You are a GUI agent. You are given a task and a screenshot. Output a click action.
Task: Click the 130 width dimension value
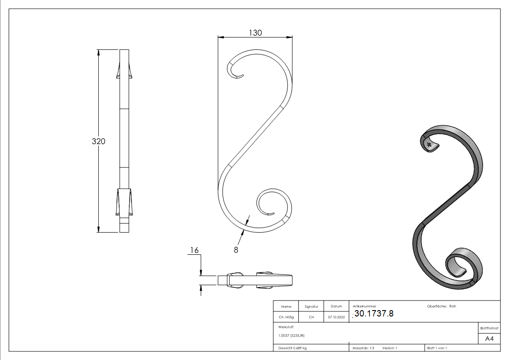255,33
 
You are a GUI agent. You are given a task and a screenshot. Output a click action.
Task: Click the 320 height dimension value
98,141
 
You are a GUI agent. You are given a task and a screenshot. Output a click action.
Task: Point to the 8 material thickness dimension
236,249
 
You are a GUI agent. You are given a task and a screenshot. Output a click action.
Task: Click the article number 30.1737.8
374,314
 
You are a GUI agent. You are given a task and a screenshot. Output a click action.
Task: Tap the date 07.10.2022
336,317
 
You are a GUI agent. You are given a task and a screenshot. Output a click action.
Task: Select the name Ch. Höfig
286,317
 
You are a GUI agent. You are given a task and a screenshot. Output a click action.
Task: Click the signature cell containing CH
311,317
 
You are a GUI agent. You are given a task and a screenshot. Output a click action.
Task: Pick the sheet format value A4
490,339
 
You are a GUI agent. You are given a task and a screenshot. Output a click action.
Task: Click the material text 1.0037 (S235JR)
291,336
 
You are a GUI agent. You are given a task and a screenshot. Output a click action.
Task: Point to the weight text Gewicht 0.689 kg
292,348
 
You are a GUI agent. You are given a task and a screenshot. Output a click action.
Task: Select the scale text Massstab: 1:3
364,348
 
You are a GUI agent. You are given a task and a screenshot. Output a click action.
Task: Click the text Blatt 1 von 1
437,348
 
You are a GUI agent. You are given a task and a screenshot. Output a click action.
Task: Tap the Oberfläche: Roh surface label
441,306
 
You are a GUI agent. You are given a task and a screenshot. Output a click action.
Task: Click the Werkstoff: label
286,326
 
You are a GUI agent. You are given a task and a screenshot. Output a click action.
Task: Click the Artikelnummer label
364,306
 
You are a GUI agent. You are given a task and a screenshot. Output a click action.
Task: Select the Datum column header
336,306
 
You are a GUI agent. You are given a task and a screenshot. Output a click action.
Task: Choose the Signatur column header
311,306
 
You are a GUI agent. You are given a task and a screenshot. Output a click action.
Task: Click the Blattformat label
490,328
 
